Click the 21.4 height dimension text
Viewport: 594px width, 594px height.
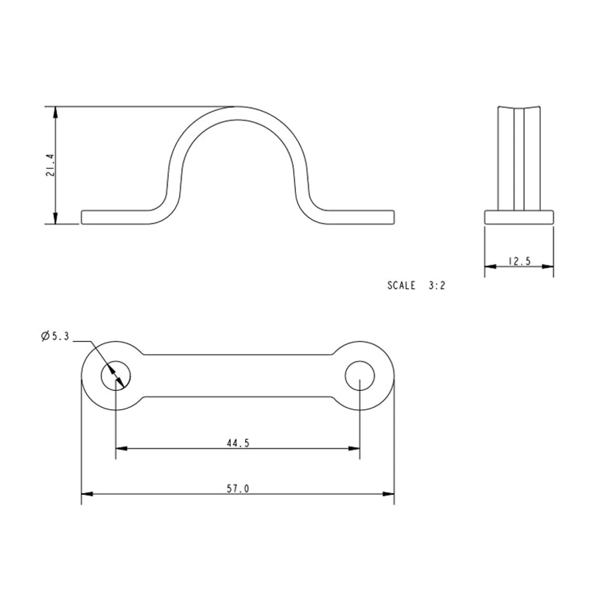point(50,165)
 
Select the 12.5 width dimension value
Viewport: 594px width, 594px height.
point(519,261)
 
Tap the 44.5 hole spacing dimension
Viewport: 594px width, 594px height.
point(238,443)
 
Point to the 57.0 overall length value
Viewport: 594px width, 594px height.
point(238,489)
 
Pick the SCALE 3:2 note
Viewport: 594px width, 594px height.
point(416,285)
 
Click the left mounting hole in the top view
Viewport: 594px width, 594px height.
point(116,375)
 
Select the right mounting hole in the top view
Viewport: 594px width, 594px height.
point(360,375)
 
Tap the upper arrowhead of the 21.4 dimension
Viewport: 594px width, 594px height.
point(56,112)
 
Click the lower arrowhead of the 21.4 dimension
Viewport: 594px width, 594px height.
point(56,218)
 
